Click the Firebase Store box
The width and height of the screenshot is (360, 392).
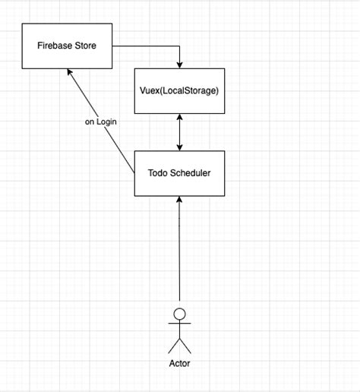(x=67, y=46)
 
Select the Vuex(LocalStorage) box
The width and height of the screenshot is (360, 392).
(x=179, y=90)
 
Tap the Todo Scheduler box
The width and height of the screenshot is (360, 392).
(x=179, y=173)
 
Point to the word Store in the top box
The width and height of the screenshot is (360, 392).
(x=85, y=46)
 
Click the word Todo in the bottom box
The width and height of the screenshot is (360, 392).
(x=157, y=173)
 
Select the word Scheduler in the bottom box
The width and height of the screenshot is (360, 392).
(x=189, y=173)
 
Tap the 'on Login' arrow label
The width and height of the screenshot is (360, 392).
(x=101, y=122)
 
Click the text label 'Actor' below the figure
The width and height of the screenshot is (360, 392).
(x=179, y=363)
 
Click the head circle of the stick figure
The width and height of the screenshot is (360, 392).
(x=179, y=313)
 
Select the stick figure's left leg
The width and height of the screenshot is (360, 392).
(x=173, y=346)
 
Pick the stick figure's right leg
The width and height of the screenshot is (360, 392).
(x=186, y=346)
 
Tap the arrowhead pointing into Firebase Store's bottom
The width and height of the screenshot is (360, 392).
(x=69, y=71)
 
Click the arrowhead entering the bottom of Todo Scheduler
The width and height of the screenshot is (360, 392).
(x=179, y=200)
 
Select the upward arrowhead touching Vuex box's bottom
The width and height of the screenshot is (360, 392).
(x=179, y=118)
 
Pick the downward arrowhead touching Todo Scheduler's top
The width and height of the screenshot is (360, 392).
(x=179, y=147)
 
